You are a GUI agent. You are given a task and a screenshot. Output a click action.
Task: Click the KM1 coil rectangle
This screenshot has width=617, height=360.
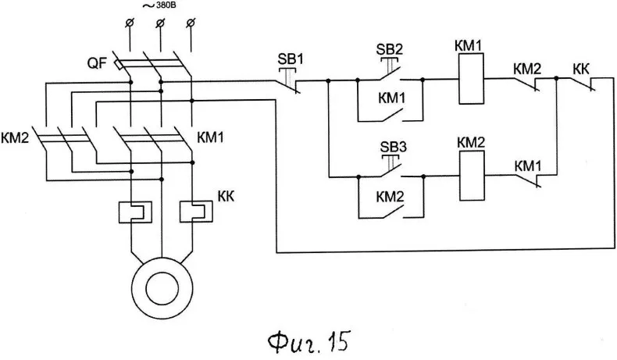[471, 79]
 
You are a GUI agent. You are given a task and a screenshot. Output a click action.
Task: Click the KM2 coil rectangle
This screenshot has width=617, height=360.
[473, 176]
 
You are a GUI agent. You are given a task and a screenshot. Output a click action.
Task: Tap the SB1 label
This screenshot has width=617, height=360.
[291, 59]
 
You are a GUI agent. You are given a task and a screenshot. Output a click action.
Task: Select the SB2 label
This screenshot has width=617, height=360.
[389, 49]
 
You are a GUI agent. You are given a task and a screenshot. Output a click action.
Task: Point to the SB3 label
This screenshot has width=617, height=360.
[393, 147]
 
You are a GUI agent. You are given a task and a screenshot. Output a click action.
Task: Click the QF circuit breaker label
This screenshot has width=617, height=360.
[97, 63]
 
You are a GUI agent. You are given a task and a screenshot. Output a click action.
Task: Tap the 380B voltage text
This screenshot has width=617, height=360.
[164, 6]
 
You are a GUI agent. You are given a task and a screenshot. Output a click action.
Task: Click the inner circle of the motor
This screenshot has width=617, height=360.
[162, 288]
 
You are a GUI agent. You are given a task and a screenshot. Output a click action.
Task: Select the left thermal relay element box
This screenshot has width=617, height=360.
[135, 212]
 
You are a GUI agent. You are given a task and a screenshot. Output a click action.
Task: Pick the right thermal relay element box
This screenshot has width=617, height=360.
[196, 212]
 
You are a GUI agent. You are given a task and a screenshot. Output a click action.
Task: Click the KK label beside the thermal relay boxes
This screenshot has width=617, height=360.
[226, 195]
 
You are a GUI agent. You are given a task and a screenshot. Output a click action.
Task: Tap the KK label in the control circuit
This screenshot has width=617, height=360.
[581, 69]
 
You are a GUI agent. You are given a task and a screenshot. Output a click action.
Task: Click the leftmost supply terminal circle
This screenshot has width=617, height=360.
[130, 23]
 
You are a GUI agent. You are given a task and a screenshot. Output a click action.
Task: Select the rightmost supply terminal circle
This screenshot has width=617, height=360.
[191, 23]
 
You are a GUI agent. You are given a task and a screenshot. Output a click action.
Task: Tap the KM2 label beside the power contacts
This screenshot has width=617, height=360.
[15, 137]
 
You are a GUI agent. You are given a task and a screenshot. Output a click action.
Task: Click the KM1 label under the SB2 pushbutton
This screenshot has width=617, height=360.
[391, 98]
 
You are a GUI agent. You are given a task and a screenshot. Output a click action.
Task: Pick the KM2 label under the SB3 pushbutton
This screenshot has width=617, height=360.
[390, 196]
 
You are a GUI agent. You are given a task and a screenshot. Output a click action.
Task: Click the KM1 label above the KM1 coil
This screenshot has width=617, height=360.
[469, 45]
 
